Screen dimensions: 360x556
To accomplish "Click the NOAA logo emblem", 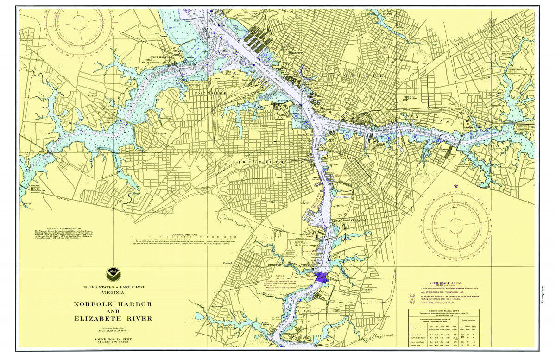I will [x=112, y=274].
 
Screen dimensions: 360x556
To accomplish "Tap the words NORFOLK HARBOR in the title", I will [x=113, y=304].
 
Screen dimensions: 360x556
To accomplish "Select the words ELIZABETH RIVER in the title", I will [x=113, y=318].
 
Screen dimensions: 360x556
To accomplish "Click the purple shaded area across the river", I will [x=321, y=277].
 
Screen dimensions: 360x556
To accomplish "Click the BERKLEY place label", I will [x=347, y=158].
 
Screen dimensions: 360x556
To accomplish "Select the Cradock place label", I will [x=227, y=263].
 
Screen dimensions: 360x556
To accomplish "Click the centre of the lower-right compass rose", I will [x=456, y=224].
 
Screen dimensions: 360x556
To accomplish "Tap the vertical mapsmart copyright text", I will [x=540, y=295].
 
